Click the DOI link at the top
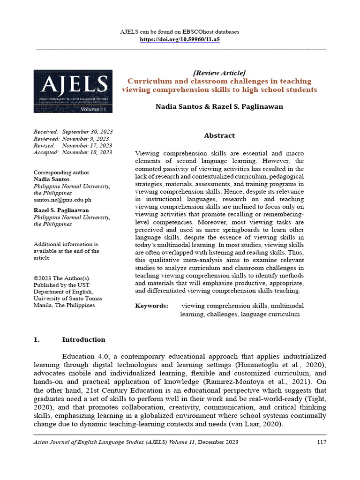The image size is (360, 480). point(180,40)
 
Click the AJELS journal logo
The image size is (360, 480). point(73,91)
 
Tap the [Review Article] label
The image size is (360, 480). point(219,73)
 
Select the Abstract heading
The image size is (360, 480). point(219,135)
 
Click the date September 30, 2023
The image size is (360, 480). point(87,132)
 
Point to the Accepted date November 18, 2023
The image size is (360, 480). point(87,152)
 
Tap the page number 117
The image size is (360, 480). point(321,442)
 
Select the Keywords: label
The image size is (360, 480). point(151,306)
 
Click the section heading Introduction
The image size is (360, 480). point(83,340)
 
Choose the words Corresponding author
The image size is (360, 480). point(61,172)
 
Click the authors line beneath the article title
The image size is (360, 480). point(219,107)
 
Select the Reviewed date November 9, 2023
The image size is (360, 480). point(85,139)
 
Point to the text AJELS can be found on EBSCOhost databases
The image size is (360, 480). point(180,32)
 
